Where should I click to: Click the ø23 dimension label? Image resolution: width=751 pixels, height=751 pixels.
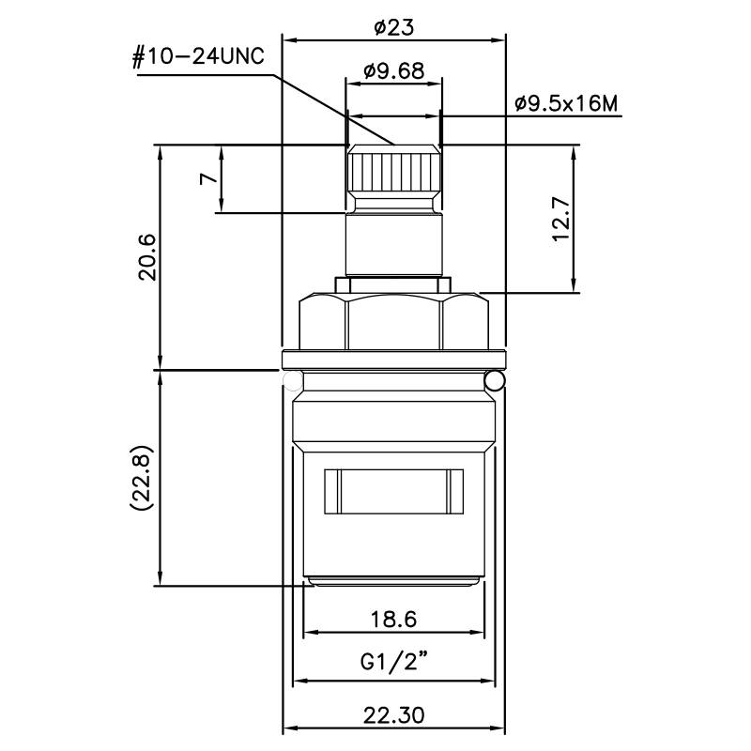393,28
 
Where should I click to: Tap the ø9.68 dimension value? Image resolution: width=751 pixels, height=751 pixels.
393,70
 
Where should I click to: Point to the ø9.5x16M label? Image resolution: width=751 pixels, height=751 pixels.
567,103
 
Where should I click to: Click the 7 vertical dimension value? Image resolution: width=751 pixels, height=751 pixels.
208,178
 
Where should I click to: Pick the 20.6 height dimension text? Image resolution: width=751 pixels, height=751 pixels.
147,256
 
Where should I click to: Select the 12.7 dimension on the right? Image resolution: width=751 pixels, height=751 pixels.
561,219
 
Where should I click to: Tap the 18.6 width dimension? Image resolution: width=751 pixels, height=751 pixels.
393,619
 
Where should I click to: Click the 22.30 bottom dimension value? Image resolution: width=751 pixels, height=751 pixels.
393,714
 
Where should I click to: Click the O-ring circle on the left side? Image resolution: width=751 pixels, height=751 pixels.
293,380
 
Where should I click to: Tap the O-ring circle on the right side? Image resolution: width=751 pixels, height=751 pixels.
495,380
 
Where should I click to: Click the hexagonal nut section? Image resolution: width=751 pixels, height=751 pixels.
393,321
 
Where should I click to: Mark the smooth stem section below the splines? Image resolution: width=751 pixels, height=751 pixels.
393,242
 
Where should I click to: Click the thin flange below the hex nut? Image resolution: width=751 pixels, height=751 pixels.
393,358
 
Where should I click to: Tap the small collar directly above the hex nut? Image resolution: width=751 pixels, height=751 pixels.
393,283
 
